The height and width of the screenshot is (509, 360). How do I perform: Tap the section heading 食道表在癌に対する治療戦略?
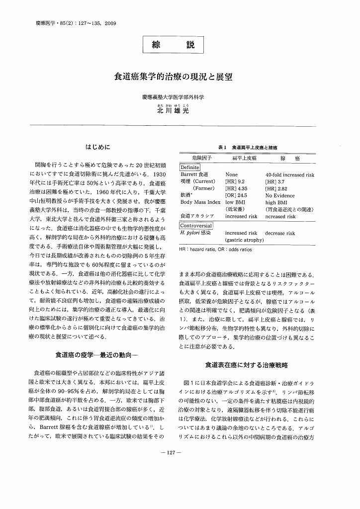click(x=247, y=365)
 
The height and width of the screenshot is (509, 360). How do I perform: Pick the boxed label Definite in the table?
click(x=190, y=168)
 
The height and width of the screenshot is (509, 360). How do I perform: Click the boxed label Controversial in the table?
click(x=196, y=225)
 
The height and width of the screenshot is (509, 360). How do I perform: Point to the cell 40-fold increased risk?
click(x=290, y=174)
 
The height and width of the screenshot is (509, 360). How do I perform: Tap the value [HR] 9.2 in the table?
click(x=235, y=181)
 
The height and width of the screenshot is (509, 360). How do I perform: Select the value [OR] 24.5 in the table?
click(x=236, y=195)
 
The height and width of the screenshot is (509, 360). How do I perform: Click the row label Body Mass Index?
click(x=200, y=202)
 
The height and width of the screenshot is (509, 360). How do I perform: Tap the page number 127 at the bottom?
click(x=172, y=465)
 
